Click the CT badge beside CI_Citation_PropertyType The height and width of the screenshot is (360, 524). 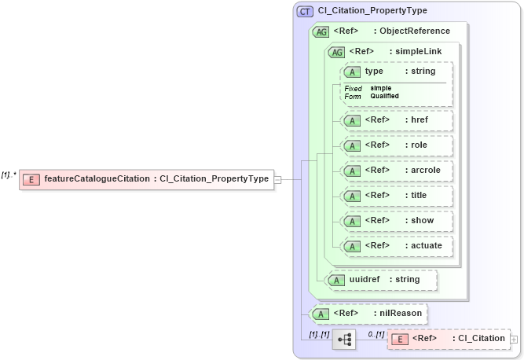coord(305,11)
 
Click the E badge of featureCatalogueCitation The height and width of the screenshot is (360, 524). coord(31,179)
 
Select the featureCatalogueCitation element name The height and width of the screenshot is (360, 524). coord(97,179)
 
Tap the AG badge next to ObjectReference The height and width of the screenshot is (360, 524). coord(321,31)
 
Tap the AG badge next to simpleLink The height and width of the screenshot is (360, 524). coord(337,52)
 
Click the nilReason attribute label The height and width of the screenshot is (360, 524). coord(400,314)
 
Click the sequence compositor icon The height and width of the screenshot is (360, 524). coord(343,340)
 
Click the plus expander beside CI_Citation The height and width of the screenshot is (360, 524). coord(514,340)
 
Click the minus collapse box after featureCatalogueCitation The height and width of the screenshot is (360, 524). coord(277,179)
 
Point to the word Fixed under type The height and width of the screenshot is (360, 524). coord(353,88)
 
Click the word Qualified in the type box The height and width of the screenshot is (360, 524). coord(385,96)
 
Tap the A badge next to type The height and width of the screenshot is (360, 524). coord(353,72)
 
